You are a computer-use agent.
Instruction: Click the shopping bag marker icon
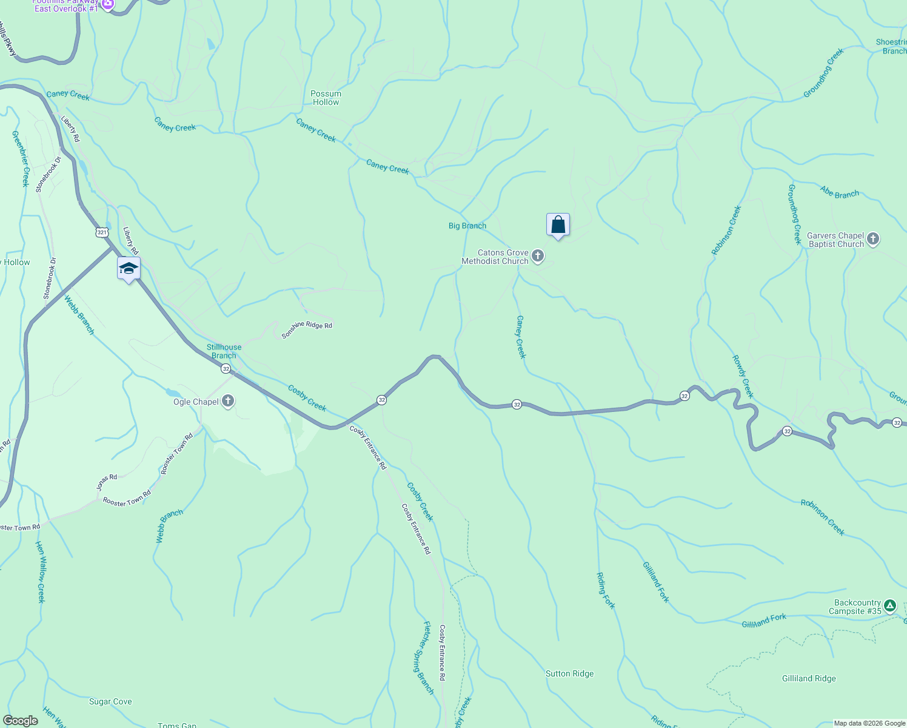pyautogui.click(x=558, y=225)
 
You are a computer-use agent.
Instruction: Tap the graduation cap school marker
pyautogui.click(x=129, y=268)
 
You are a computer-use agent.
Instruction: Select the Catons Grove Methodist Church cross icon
pyautogui.click(x=538, y=257)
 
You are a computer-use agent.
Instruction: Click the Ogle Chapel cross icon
pyautogui.click(x=228, y=401)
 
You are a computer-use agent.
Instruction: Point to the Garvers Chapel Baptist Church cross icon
pyautogui.click(x=873, y=239)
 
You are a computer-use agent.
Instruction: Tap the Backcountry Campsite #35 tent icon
pyautogui.click(x=889, y=606)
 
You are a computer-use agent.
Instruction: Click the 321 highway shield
pyautogui.click(x=102, y=232)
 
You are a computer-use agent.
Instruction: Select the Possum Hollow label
pyautogui.click(x=326, y=98)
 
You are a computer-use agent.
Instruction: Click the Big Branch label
pyautogui.click(x=467, y=226)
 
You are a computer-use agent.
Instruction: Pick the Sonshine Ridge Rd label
pyautogui.click(x=307, y=329)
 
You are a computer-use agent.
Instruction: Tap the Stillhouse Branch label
pyautogui.click(x=224, y=351)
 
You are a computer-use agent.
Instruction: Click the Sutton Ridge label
pyautogui.click(x=569, y=673)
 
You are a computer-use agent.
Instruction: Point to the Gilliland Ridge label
pyautogui.click(x=809, y=678)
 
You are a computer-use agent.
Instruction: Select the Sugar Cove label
pyautogui.click(x=110, y=701)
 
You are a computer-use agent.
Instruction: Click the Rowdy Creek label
pyautogui.click(x=743, y=377)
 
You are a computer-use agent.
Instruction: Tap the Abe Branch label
pyautogui.click(x=840, y=192)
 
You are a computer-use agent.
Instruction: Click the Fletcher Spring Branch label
pyautogui.click(x=428, y=658)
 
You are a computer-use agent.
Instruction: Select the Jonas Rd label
pyautogui.click(x=107, y=482)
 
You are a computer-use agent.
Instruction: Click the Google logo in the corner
pyautogui.click(x=20, y=721)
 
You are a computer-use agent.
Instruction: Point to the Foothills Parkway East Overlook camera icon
pyautogui.click(x=108, y=4)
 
